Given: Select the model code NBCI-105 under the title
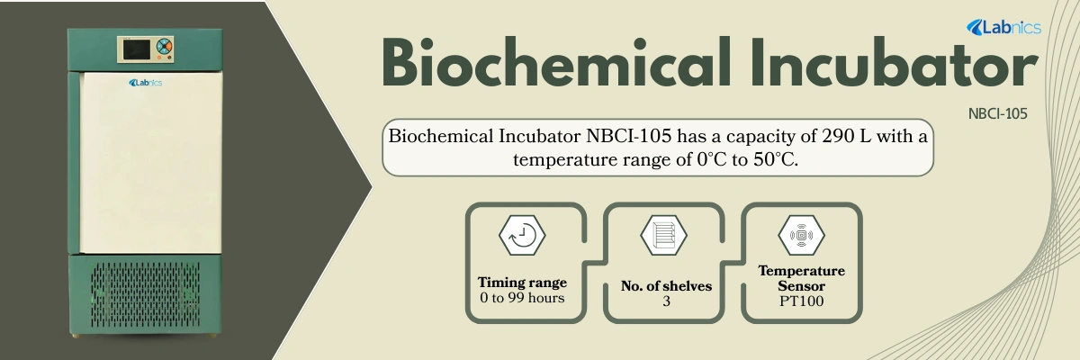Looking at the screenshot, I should tap(998, 114).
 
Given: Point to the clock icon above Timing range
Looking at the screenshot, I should tap(522, 235).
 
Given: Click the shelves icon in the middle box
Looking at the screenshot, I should tap(663, 235).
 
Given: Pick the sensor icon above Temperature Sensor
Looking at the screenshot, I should tap(801, 235).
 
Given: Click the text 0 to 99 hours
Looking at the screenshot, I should tap(522, 297).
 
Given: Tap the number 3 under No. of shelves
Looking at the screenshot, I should tap(666, 301).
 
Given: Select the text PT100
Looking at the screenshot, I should tap(801, 302).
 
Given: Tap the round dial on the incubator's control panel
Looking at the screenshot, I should tap(163, 47).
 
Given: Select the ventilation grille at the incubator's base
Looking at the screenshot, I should tap(145, 294).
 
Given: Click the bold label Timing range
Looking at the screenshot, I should tap(522, 282).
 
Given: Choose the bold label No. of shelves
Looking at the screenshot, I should tap(666, 286).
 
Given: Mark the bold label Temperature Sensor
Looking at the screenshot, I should tap(801, 278).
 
